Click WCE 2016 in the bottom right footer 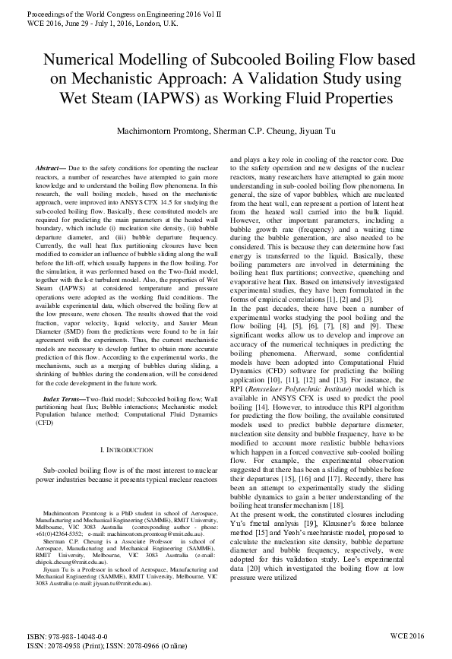[411, 636]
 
